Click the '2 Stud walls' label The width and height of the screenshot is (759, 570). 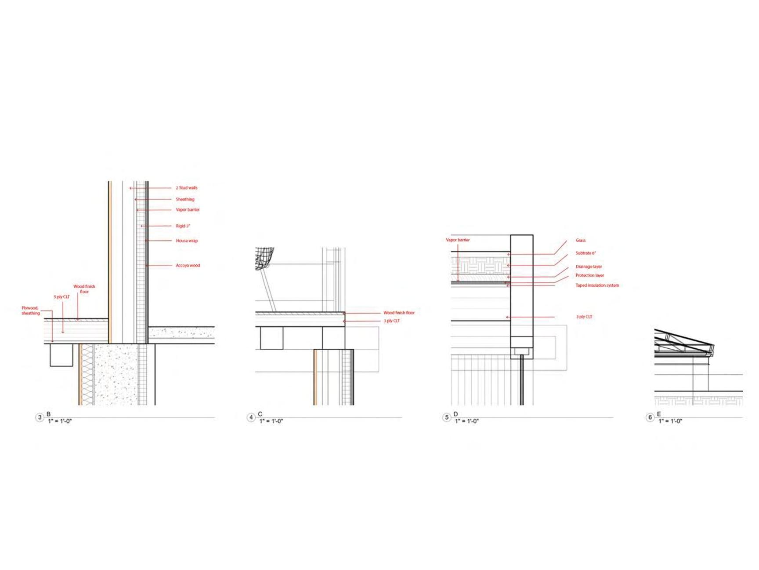pyautogui.click(x=187, y=188)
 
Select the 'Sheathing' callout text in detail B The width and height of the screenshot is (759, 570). pyautogui.click(x=185, y=199)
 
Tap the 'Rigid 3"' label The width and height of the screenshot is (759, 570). pyautogui.click(x=183, y=226)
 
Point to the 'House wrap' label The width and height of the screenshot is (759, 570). pyautogui.click(x=187, y=241)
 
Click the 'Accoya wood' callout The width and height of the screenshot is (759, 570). pyautogui.click(x=188, y=266)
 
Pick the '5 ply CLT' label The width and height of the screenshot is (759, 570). pyautogui.click(x=61, y=297)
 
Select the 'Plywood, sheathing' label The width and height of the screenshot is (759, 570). pyautogui.click(x=31, y=311)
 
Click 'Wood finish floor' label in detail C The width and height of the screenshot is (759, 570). pyautogui.click(x=399, y=313)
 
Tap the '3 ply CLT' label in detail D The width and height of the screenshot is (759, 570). pyautogui.click(x=584, y=317)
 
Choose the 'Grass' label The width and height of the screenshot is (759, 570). pyautogui.click(x=581, y=240)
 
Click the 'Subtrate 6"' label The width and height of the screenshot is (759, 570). pyautogui.click(x=586, y=253)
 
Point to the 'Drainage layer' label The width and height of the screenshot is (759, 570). pyautogui.click(x=589, y=267)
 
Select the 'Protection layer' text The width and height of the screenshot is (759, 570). pyautogui.click(x=589, y=275)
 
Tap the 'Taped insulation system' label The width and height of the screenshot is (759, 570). pyautogui.click(x=597, y=285)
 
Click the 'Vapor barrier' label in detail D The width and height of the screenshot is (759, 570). pyautogui.click(x=458, y=240)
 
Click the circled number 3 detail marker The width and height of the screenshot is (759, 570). pyautogui.click(x=40, y=417)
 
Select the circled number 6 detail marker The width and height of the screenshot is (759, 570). pyautogui.click(x=650, y=417)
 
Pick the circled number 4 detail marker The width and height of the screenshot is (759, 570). pyautogui.click(x=251, y=417)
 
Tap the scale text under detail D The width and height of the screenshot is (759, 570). pyautogui.click(x=466, y=421)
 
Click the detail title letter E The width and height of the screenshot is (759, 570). pyautogui.click(x=658, y=414)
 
